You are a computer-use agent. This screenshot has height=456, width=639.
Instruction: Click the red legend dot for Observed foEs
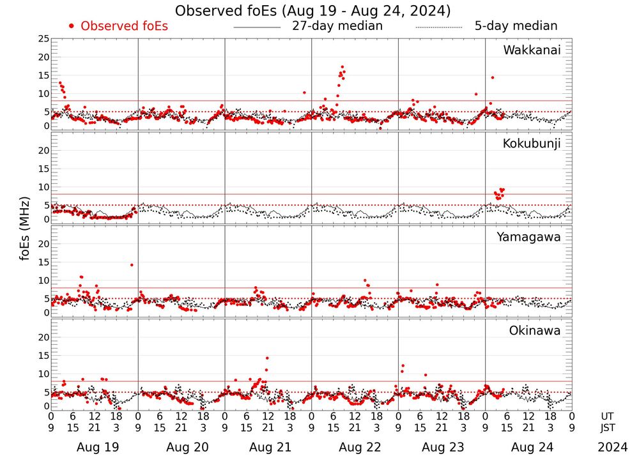pos(72,26)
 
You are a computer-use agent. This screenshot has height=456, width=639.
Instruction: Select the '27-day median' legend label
pos(337,26)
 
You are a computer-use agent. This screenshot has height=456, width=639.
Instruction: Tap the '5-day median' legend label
pos(516,26)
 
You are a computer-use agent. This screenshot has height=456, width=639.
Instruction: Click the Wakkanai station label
pos(532,50)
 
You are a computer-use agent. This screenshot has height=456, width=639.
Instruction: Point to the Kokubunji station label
pos(532,144)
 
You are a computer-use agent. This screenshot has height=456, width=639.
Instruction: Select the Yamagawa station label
pos(529,238)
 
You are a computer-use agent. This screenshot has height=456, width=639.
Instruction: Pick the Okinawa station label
pos(535,331)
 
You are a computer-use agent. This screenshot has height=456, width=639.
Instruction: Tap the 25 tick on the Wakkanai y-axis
pos(43,39)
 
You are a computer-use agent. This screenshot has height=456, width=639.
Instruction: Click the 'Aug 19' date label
pos(98,448)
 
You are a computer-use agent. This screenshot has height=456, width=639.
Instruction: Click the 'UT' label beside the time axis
pos(607,416)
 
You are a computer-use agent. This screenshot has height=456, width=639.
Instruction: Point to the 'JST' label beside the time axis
pos(607,427)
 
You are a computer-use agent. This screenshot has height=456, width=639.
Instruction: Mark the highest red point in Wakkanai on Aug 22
pos(343,67)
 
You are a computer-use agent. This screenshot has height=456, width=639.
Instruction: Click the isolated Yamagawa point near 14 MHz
pos(132,264)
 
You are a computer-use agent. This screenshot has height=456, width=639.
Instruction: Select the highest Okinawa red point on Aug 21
pos(267,358)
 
